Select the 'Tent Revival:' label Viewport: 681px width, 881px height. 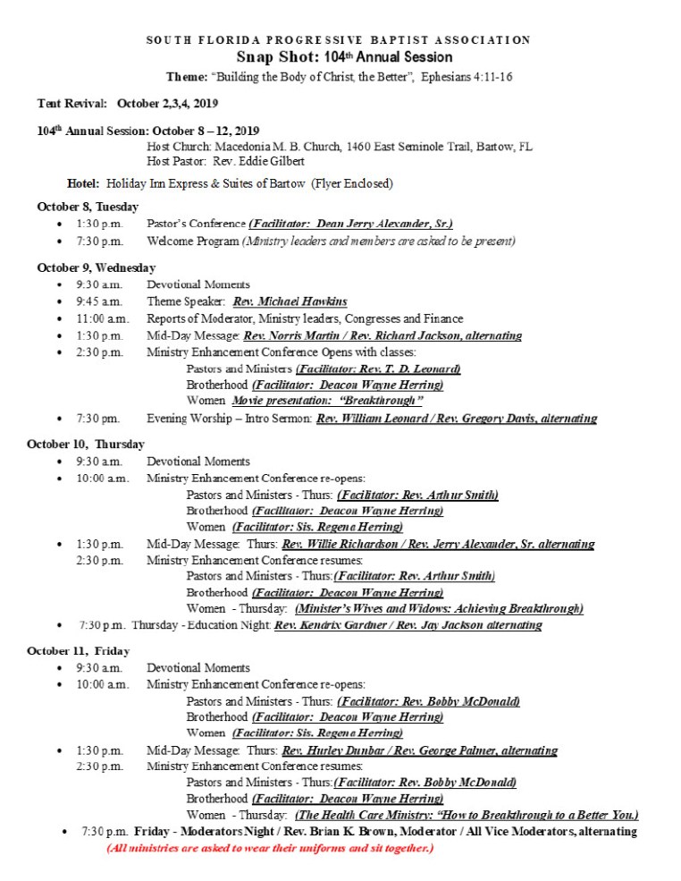click(x=72, y=104)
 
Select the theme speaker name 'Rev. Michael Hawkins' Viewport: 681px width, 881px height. click(x=283, y=301)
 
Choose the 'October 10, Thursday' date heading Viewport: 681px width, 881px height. click(x=85, y=444)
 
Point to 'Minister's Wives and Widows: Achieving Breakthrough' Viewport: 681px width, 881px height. click(x=439, y=608)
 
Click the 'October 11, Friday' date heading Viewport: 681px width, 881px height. click(x=78, y=650)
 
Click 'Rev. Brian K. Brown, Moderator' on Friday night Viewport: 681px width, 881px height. click(x=356, y=832)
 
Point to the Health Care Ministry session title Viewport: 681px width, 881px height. click(x=467, y=815)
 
